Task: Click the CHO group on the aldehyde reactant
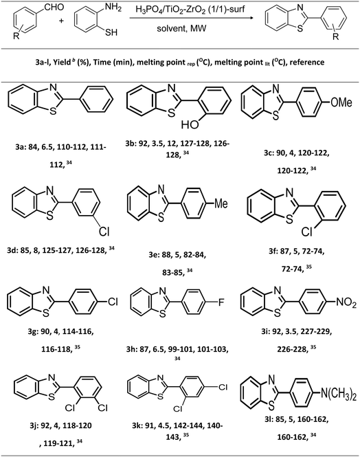point(54,7)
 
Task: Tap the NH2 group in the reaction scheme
point(113,8)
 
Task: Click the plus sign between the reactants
point(61,21)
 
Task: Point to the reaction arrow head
point(250,18)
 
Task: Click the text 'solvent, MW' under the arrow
point(181,28)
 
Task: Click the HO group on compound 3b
point(190,124)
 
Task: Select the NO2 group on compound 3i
point(346,303)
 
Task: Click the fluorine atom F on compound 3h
point(221,302)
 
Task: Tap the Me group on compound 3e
point(221,203)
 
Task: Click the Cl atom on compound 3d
point(104,231)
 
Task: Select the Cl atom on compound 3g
point(113,302)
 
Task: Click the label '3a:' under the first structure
point(21,147)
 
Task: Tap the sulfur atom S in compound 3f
point(289,219)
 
